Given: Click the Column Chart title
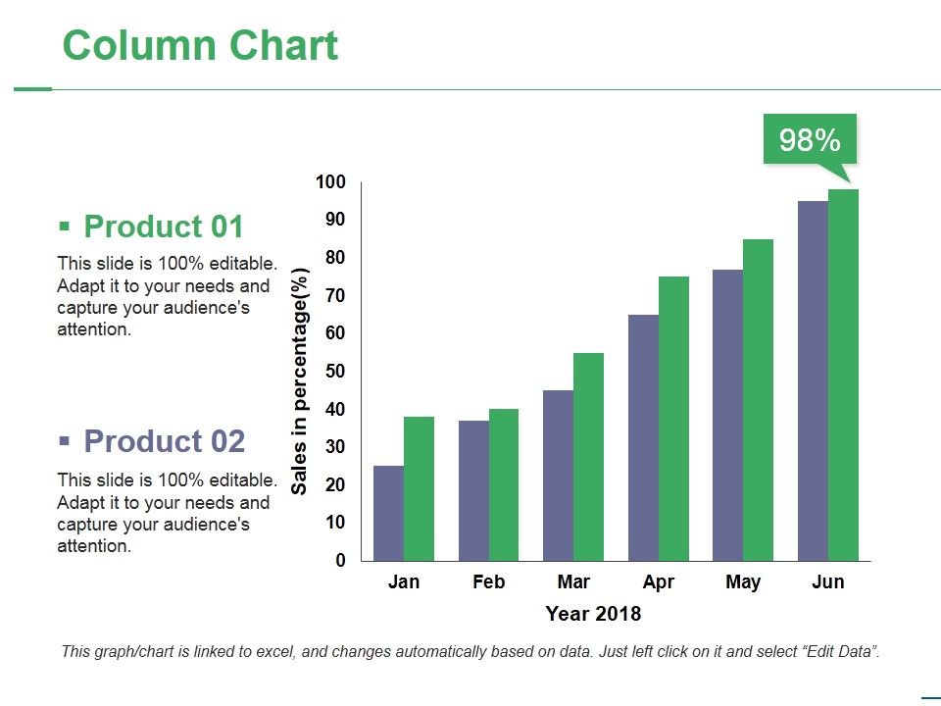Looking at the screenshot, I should pyautogui.click(x=200, y=46).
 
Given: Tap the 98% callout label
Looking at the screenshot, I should pyautogui.click(x=810, y=140).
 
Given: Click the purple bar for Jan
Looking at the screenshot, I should pyautogui.click(x=389, y=513).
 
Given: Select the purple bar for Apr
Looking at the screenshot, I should pyautogui.click(x=643, y=437).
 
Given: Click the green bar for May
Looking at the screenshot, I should pyautogui.click(x=758, y=400).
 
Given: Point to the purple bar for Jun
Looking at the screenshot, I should pyautogui.click(x=813, y=380).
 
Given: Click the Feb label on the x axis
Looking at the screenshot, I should pyautogui.click(x=488, y=582).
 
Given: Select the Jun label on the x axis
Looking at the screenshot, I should pyautogui.click(x=827, y=582).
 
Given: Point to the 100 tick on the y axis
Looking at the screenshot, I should pyautogui.click(x=330, y=182).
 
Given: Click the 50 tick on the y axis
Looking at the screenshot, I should pyautogui.click(x=335, y=372).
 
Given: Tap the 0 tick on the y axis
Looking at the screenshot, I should pyautogui.click(x=340, y=561).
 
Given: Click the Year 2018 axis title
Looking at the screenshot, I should pyautogui.click(x=593, y=615).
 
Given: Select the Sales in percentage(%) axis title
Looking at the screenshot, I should pyautogui.click(x=300, y=380).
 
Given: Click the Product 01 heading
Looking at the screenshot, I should pyautogui.click(x=163, y=227).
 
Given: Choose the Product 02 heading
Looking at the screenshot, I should pyautogui.click(x=164, y=441).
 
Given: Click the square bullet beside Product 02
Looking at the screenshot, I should pyautogui.click(x=65, y=441).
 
